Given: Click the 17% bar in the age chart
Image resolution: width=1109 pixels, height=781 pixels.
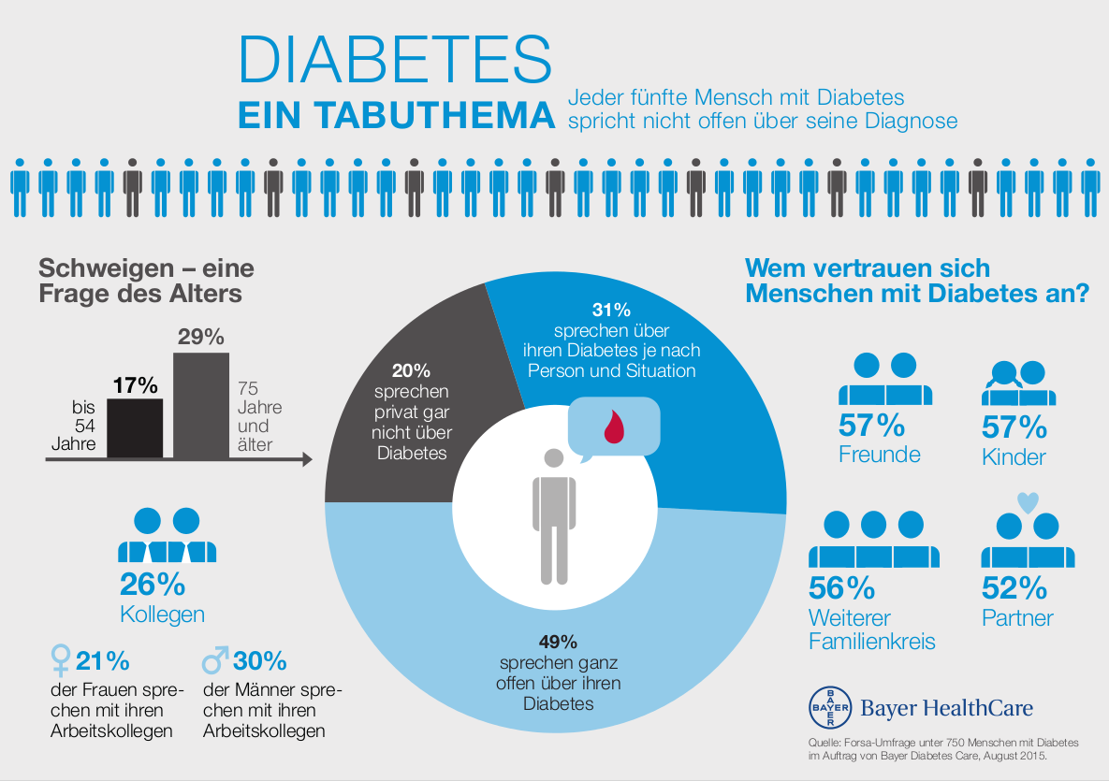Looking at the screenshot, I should (x=136, y=428).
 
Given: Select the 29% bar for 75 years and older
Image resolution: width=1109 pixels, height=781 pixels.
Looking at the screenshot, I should (x=201, y=405).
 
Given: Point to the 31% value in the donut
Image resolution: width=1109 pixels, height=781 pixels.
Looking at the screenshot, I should (x=611, y=310).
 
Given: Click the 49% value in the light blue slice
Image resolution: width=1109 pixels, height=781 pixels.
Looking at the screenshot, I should (x=558, y=643).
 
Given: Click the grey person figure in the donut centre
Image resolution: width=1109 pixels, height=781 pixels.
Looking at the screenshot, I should (x=553, y=519).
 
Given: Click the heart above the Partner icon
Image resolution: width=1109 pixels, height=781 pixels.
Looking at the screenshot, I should (x=1027, y=502).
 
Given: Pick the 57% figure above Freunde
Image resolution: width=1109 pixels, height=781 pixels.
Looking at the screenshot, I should (x=872, y=427).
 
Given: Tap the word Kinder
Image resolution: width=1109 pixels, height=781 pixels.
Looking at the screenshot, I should (x=1014, y=457).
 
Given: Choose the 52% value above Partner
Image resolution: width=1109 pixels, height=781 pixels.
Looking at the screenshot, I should (x=1014, y=588).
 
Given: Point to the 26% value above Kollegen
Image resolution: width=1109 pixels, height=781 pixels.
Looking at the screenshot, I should (x=153, y=585).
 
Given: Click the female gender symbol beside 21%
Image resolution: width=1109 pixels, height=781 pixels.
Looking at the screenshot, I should (x=61, y=661).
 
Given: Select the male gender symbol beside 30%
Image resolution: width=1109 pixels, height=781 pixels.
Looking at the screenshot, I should (x=215, y=660).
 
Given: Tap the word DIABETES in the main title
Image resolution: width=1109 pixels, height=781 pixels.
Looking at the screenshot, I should (x=395, y=60).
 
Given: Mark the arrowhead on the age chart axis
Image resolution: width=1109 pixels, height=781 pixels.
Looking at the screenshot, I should (x=306, y=460).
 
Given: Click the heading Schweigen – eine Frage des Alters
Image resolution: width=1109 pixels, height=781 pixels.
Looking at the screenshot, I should (x=146, y=281).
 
